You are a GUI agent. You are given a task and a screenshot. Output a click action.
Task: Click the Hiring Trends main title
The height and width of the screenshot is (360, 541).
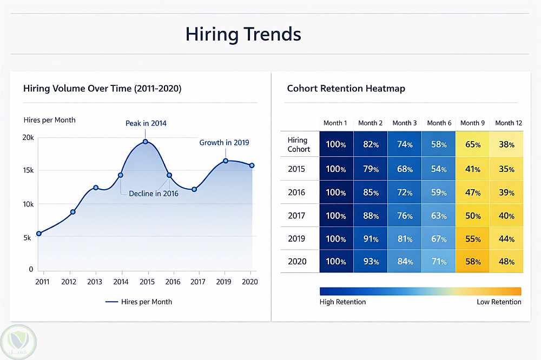(243, 35)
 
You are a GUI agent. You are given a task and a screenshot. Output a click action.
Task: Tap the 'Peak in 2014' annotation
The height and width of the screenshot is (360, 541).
(146, 123)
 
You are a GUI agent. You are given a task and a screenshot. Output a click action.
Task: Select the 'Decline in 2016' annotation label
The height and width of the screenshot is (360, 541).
(154, 193)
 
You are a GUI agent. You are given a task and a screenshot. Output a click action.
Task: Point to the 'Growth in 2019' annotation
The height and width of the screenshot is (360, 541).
(224, 143)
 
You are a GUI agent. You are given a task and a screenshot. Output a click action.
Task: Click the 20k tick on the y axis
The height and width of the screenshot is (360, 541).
(28, 138)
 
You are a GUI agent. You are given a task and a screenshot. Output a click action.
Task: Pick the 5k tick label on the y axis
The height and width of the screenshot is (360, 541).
(28, 237)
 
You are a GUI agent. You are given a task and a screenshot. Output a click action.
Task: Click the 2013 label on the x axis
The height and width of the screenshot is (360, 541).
(95, 282)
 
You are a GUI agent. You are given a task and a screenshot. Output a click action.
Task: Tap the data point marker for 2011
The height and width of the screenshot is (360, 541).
(38, 234)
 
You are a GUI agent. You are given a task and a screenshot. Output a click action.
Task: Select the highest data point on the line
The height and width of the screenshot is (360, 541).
(146, 142)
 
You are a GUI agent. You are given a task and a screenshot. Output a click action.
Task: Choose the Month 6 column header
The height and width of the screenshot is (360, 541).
(439, 123)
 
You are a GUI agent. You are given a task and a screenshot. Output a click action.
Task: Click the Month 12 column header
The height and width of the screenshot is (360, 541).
(509, 123)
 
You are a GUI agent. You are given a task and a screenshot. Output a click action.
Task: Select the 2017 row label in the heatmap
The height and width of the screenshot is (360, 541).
(297, 216)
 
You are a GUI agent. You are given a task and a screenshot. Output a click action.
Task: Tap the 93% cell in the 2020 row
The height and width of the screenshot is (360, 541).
(371, 262)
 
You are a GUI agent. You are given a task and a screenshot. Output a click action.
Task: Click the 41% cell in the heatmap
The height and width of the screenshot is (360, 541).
(473, 169)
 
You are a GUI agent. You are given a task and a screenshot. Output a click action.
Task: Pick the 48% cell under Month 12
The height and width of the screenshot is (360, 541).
(506, 262)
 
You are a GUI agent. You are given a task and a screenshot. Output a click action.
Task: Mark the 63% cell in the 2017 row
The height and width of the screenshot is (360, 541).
(439, 216)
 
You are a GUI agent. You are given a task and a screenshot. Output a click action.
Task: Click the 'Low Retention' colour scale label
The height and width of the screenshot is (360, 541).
(499, 302)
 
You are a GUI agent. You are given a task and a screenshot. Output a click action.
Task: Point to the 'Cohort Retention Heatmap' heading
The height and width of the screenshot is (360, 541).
(346, 88)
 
